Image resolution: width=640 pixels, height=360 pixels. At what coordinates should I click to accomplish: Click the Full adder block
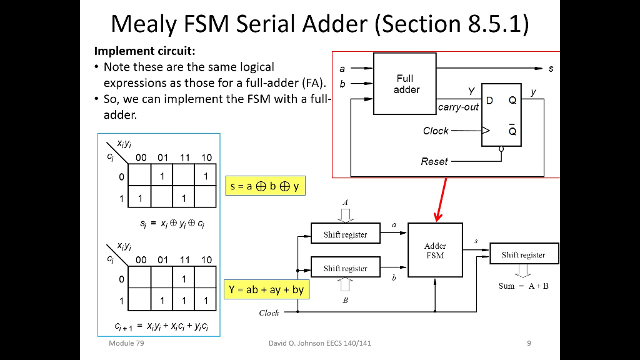tap(404, 84)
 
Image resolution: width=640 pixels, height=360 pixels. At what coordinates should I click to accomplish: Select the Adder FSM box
tap(435, 250)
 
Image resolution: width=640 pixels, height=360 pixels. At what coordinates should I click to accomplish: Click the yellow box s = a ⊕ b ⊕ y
tap(265, 186)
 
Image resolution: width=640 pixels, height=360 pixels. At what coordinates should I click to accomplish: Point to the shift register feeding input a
tap(345, 234)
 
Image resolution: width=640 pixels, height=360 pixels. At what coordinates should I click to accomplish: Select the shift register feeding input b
tap(345, 268)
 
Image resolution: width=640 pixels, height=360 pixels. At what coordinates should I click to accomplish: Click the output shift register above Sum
tap(523, 254)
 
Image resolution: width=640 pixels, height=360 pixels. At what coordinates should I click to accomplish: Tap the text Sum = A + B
tap(524, 286)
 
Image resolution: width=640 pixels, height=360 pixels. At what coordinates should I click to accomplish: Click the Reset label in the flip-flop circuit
tap(434, 161)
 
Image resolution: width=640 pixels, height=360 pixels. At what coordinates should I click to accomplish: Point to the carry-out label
tap(458, 107)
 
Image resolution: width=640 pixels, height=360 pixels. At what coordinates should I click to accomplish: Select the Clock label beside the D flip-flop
tap(436, 131)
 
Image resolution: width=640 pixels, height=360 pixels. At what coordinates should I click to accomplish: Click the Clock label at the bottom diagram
tap(269, 312)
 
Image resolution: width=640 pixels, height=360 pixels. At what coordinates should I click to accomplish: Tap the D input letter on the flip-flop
tap(489, 101)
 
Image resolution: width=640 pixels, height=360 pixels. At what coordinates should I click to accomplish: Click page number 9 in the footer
tap(529, 342)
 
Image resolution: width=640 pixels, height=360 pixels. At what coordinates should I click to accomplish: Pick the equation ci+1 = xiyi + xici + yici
tap(161, 326)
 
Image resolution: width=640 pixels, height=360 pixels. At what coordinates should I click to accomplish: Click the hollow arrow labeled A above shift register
tap(345, 213)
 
